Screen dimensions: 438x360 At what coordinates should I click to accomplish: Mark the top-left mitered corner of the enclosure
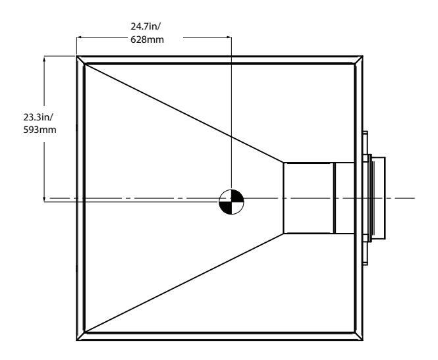point(81,60)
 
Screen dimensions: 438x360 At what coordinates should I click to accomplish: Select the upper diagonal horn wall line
point(184,113)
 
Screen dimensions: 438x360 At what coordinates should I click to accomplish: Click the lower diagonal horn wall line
point(184,284)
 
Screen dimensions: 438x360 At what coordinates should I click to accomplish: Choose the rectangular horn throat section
point(308,197)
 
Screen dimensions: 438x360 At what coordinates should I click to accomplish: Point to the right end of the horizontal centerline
point(414,197)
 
